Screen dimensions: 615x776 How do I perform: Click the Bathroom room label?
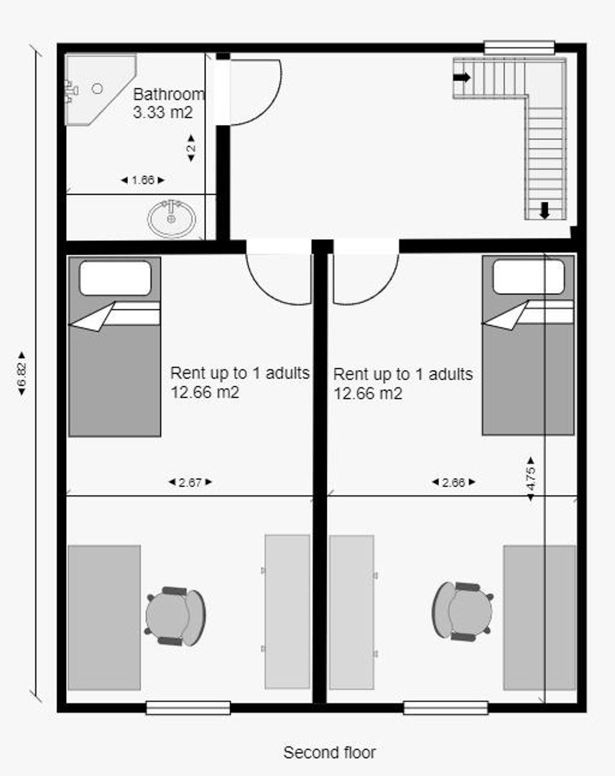pos(169,94)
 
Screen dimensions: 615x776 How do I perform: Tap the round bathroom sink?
pos(171,218)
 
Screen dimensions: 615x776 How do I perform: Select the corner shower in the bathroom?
pos(101,90)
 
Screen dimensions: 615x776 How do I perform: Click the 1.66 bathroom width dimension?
pos(143,180)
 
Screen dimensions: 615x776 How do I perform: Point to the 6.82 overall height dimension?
pos(22,373)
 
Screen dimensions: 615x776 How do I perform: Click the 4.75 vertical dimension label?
pos(530,479)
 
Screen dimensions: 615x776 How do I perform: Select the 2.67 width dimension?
pos(190,482)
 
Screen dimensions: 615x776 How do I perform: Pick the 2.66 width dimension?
pos(453,482)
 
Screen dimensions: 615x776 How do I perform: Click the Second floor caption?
pos(330,753)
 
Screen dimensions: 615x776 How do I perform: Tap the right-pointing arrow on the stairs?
pos(462,77)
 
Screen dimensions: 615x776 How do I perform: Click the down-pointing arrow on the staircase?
pos(545,211)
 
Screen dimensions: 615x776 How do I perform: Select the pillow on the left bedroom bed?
pos(115,278)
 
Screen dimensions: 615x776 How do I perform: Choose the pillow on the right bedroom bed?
pos(528,277)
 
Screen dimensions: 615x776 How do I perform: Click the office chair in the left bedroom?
pos(175,616)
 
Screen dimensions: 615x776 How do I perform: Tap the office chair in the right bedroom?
pos(463,611)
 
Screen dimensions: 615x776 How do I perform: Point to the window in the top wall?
pos(519,47)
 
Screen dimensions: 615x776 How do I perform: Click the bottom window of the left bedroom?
pos(188,708)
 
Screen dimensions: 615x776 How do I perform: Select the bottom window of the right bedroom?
pos(445,708)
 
